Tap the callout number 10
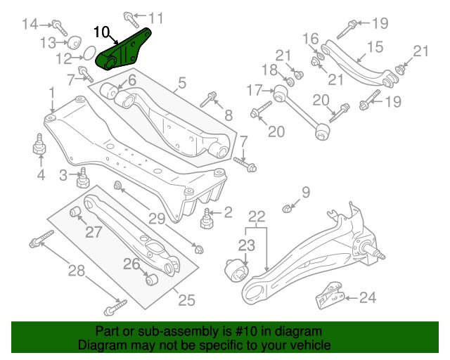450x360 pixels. click(101, 32)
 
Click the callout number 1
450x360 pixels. click(51, 93)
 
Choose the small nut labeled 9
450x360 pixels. click(286, 208)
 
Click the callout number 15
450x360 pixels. click(375, 47)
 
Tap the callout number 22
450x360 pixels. click(256, 216)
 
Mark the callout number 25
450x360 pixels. click(186, 300)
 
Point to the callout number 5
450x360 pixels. click(181, 84)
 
